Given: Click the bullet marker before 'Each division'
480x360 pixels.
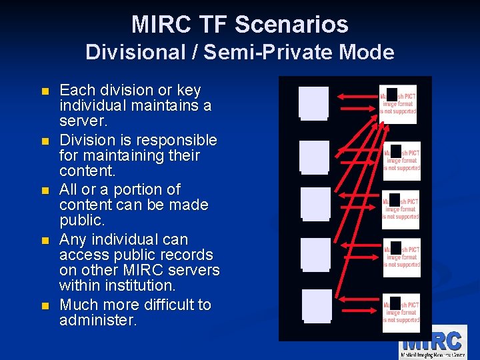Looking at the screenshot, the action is point(45,91).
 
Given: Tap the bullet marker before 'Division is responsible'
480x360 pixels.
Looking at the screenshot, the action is point(45,141).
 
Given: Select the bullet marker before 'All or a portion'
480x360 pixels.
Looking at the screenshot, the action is point(45,191).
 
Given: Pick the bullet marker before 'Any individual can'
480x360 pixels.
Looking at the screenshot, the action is point(45,241).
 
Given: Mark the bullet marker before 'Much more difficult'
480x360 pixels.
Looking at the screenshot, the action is point(45,306).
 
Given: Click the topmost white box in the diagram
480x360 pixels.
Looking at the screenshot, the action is point(314,103).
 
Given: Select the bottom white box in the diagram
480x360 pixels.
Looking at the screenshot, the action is point(317,305).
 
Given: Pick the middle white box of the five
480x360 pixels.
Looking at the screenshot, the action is point(315,204).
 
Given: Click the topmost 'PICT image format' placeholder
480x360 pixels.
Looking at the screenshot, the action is point(399,104).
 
